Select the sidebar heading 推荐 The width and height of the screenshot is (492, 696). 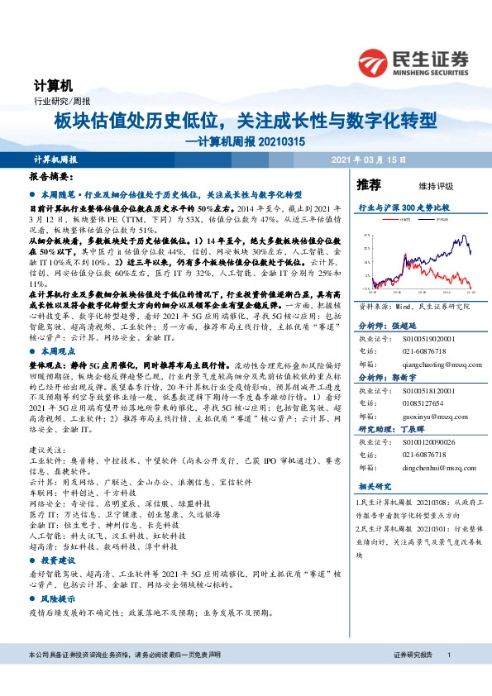point(369,184)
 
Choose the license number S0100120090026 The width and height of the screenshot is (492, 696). point(425,442)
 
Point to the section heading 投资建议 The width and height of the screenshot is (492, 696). point(55,560)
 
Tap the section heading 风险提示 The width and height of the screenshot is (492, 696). point(55,598)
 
